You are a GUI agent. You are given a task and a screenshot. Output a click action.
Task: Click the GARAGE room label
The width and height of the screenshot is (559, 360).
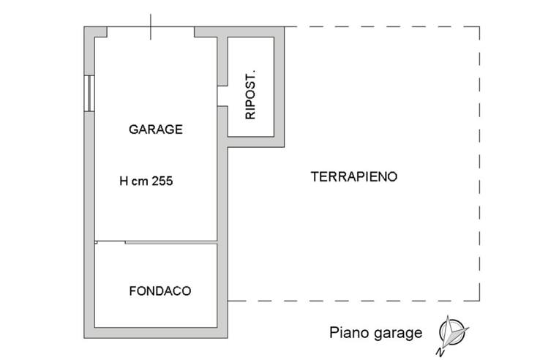[155, 130]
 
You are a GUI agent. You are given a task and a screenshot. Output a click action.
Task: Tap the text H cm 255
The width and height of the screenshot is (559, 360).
[146, 182]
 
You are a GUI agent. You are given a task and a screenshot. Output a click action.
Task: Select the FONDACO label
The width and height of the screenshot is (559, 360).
[160, 291]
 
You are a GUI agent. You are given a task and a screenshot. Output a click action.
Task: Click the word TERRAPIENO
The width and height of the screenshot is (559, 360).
[354, 176]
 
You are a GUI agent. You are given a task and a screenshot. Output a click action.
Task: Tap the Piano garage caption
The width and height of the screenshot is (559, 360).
[375, 334]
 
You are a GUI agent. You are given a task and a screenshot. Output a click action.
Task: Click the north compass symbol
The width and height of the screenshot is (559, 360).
[452, 333]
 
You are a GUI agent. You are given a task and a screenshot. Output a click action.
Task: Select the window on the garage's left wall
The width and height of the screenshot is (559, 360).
[89, 93]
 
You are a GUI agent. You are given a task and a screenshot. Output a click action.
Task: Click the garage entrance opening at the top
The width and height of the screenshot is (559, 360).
[151, 32]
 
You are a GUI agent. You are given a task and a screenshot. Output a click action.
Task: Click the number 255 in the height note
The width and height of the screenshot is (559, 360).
[162, 182]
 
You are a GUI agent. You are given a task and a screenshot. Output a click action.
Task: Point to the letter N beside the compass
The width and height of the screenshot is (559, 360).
[441, 351]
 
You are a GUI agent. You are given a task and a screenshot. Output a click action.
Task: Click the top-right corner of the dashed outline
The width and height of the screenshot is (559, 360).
[480, 27]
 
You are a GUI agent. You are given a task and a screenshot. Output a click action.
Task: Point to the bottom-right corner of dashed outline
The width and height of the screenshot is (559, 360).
[480, 301]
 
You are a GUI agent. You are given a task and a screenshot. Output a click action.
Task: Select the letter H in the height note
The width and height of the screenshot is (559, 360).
[123, 182]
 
